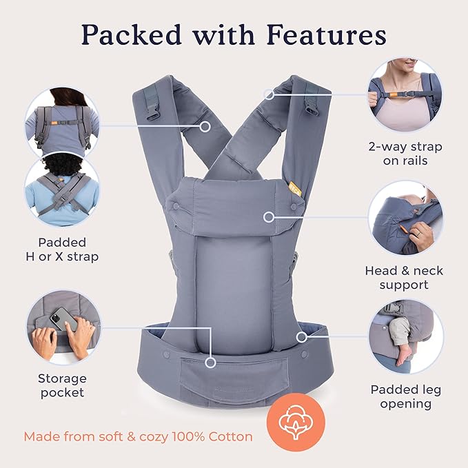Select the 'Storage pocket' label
click(x=62, y=385)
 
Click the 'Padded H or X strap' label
click(x=62, y=250)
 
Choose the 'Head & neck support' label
click(x=406, y=278)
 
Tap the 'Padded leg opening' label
click(x=405, y=396)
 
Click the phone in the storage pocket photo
click(x=63, y=318)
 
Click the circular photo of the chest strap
click(x=405, y=94)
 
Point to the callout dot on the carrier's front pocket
click(x=211, y=361)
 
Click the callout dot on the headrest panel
click(x=268, y=217)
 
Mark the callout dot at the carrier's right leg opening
click(x=301, y=337)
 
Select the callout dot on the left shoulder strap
click(x=204, y=127)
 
